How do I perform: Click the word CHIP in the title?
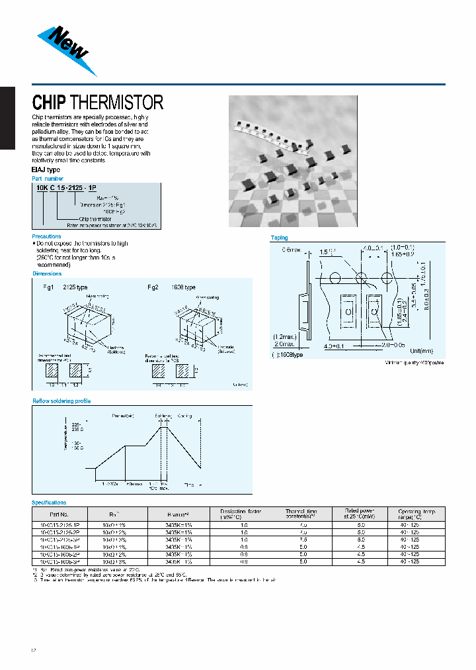[x=49, y=103]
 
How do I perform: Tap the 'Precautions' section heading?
[x=47, y=236]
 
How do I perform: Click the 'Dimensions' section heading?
[x=47, y=273]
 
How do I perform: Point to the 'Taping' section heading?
[x=280, y=238]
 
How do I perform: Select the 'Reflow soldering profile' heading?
[x=61, y=401]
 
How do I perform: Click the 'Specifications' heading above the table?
[x=50, y=502]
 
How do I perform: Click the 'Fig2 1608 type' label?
[x=171, y=287]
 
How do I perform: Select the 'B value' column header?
[x=178, y=514]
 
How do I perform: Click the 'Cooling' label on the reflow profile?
[x=184, y=415]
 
